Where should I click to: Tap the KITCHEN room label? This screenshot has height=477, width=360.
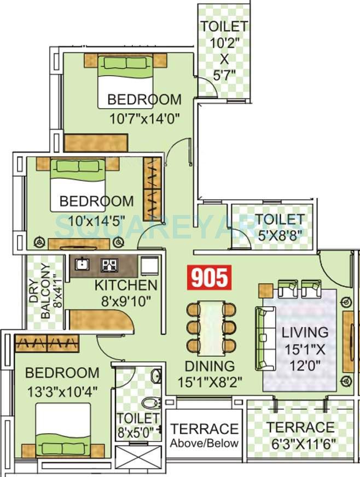click(x=126, y=285)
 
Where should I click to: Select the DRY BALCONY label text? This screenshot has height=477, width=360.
click(x=42, y=293)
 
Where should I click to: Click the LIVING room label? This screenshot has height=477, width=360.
click(x=305, y=332)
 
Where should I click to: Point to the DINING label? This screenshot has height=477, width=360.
click(x=209, y=366)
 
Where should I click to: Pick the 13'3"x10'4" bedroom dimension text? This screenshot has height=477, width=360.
click(x=62, y=392)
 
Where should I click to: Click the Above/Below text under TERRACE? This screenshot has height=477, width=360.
click(x=204, y=443)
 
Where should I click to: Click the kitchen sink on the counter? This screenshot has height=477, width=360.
click(x=82, y=265)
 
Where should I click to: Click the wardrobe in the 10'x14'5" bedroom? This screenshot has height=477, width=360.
click(x=153, y=188)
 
